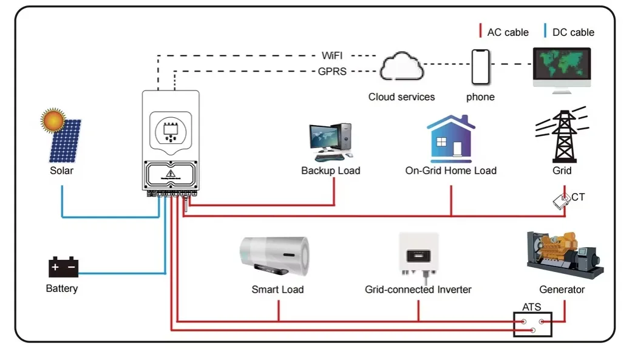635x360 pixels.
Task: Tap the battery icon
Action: (x=63, y=267)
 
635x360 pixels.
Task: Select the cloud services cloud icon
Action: (x=402, y=66)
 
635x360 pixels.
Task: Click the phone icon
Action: (x=481, y=67)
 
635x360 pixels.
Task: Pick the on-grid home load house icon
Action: (x=450, y=138)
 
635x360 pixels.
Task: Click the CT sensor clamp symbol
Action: (x=562, y=202)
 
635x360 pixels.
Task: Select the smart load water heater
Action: (x=274, y=256)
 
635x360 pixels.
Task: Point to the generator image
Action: (x=565, y=255)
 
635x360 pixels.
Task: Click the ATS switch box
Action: (x=532, y=324)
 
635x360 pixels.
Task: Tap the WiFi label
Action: (x=332, y=55)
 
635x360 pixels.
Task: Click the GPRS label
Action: (x=332, y=72)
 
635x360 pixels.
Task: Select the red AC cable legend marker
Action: (x=480, y=31)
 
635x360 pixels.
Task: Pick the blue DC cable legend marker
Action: (x=545, y=31)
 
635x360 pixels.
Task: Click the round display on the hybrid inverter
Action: (x=171, y=132)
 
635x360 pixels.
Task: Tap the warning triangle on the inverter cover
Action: (x=171, y=174)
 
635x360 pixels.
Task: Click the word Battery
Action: (x=62, y=289)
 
